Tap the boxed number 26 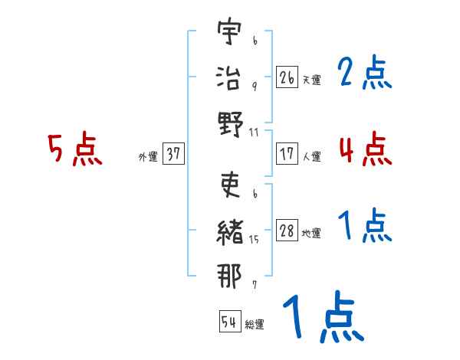[287, 77]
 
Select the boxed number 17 [287, 154]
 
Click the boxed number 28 [287, 231]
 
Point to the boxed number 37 [173, 154]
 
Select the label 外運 [148, 157]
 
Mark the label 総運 [255, 325]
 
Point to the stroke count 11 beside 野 [253, 132]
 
